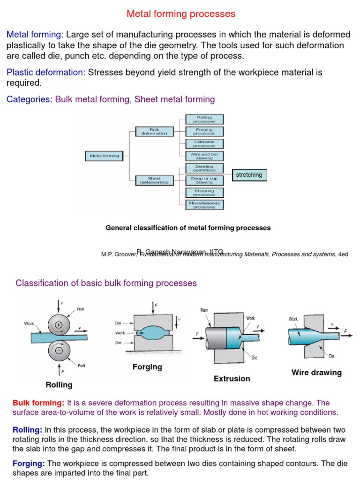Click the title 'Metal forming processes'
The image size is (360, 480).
(x=180, y=14)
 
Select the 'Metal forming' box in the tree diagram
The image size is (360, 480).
(x=105, y=156)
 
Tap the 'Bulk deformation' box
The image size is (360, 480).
(x=154, y=131)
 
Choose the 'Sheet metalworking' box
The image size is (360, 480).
(x=154, y=180)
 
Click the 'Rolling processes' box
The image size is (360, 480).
(x=204, y=119)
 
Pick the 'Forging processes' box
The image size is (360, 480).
(x=204, y=131)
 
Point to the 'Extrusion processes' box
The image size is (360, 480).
(x=204, y=143)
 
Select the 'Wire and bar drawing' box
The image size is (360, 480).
(x=204, y=156)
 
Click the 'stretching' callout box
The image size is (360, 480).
(x=249, y=175)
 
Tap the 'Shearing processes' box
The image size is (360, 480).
(x=204, y=193)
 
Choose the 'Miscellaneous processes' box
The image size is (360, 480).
(x=204, y=205)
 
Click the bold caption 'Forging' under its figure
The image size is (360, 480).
(x=147, y=367)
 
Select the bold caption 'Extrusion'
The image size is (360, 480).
(x=232, y=378)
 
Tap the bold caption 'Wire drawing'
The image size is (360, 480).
(x=316, y=373)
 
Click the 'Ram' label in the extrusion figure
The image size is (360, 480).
(x=204, y=310)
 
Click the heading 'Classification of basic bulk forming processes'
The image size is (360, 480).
(x=106, y=283)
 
